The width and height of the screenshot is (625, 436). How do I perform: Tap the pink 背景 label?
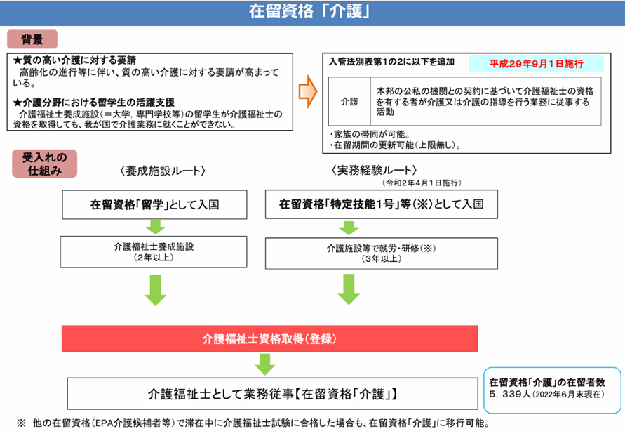32,39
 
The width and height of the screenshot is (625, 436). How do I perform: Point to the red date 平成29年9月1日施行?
536,64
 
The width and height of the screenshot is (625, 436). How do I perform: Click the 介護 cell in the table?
349,102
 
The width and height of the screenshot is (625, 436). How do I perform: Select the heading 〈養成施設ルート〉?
162,171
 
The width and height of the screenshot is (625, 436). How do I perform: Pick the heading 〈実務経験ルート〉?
375,171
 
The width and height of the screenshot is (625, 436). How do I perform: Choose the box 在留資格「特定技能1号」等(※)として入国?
382,205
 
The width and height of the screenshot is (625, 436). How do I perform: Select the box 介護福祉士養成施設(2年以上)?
154,251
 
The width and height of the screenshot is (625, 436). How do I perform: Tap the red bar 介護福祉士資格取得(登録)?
270,338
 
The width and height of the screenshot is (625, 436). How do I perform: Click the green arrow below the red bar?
264,364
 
